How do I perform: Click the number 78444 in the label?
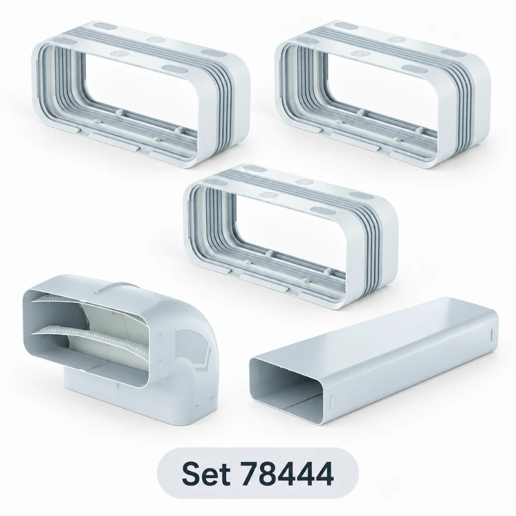[287, 474]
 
